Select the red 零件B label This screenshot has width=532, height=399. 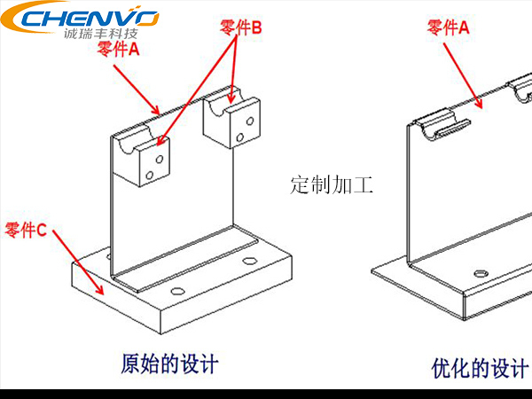tap(240, 28)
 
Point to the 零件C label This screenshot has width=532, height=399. tap(26, 231)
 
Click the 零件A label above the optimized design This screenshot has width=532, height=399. tap(448, 28)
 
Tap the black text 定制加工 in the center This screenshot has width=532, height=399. tap(332, 185)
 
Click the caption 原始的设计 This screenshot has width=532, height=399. tap(168, 364)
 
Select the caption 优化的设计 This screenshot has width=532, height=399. tap(480, 367)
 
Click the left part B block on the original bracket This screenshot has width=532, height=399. tap(146, 160)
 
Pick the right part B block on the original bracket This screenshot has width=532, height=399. tap(233, 121)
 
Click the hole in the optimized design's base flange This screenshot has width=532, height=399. tap(481, 274)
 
